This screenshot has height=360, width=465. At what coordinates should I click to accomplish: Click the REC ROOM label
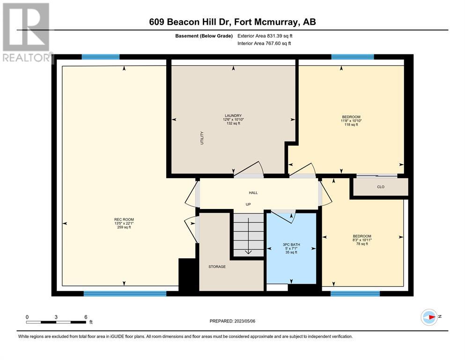[124, 219]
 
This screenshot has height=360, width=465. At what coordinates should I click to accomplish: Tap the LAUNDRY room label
[233, 115]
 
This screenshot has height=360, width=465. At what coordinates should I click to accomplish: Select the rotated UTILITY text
[202, 138]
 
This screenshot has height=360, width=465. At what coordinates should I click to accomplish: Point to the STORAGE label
[217, 267]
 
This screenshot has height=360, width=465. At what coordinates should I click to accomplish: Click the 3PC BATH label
[291, 245]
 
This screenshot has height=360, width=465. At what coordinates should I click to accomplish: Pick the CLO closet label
[381, 187]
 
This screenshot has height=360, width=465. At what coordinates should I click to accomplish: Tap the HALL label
[253, 193]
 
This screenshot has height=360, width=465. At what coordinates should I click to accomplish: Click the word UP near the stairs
[248, 204]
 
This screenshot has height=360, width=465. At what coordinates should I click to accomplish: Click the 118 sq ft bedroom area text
[351, 125]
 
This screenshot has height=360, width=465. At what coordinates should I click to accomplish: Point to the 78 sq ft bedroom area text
[362, 244]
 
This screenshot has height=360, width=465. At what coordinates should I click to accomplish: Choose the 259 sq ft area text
[124, 227]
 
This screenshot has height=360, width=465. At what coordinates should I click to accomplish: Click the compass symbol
[429, 317]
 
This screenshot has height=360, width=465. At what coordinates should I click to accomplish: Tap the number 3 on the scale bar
[56, 317]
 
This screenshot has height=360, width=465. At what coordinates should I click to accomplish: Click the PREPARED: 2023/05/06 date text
[232, 321]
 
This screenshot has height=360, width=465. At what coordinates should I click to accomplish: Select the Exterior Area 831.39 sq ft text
[265, 36]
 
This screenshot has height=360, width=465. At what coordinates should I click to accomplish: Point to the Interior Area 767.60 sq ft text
[264, 43]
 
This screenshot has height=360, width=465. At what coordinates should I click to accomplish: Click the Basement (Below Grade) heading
[204, 36]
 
